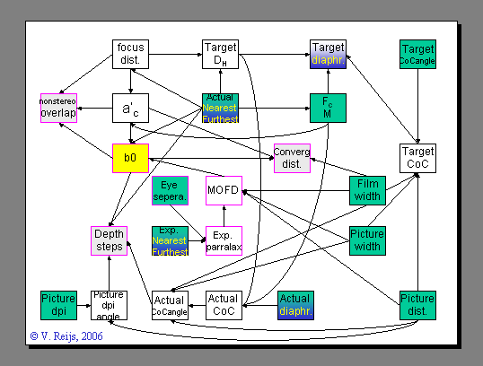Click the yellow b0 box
coord(130,158)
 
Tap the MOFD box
coord(224,190)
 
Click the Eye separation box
coord(169,191)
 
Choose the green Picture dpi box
coord(58,304)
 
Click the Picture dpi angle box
coord(109,304)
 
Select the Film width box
coord(366,190)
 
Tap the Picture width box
coord(366,240)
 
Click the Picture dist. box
coord(417,304)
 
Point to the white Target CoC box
coord(417,158)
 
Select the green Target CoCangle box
coord(417,54)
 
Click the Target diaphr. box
coord(328,54)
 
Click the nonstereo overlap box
coord(58,108)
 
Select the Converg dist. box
coord(292,158)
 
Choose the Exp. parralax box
coord(224,240)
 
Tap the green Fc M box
coord(328,108)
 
